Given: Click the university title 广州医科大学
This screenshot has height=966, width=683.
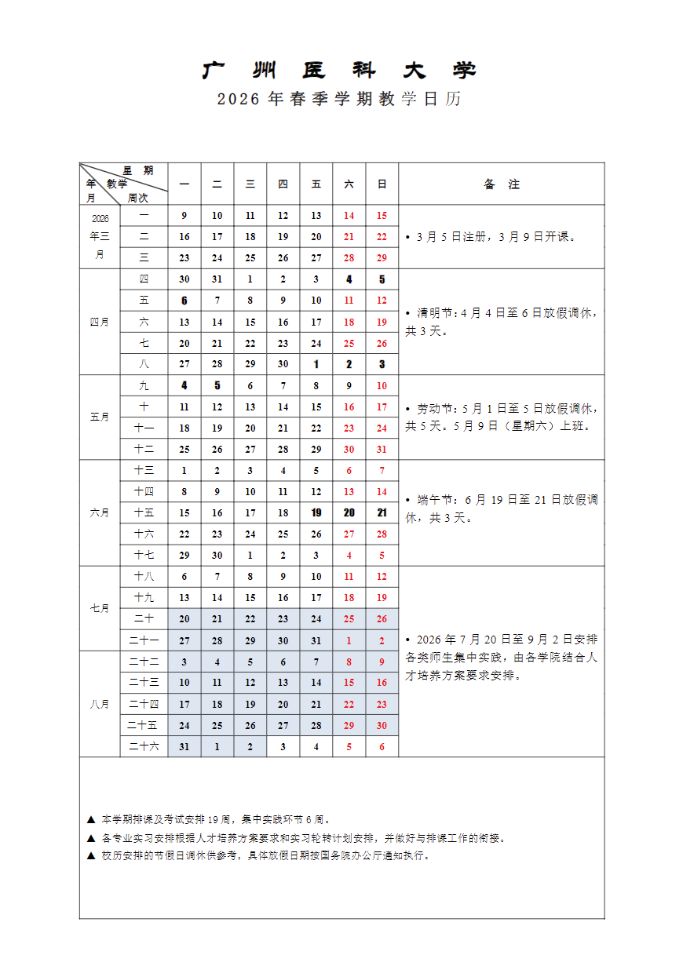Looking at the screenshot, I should [339, 71].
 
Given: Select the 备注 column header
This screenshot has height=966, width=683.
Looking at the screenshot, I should [502, 184].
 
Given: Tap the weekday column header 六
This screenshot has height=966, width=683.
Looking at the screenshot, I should [349, 184].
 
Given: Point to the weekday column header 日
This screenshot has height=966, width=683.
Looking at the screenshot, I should [382, 184].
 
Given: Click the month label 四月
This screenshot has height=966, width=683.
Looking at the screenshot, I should [100, 322].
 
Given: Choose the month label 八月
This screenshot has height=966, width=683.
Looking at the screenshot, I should [100, 704].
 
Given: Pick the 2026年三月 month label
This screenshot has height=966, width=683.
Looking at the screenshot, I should [100, 236].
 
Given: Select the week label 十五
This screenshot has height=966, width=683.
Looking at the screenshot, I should [144, 512].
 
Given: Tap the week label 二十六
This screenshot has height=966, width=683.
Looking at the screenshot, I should [144, 746].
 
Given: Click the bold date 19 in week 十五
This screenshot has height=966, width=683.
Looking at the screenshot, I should [316, 512].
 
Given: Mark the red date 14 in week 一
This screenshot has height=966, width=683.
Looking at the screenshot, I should [349, 216].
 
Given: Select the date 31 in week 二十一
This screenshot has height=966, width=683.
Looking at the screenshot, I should [316, 640].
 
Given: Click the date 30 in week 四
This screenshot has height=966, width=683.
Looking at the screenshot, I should [184, 279].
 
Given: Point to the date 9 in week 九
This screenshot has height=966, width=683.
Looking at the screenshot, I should [349, 386].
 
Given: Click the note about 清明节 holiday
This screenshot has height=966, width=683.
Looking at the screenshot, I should [502, 322].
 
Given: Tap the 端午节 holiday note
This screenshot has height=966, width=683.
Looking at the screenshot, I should [502, 509].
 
